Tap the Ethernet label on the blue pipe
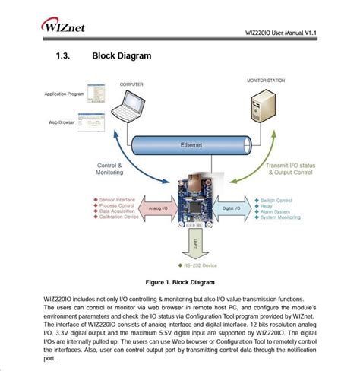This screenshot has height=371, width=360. coord(191,144)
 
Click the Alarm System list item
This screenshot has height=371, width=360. coord(276,211)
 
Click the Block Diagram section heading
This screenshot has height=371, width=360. coord(122,55)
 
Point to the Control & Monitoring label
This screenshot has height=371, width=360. coord(111,170)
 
